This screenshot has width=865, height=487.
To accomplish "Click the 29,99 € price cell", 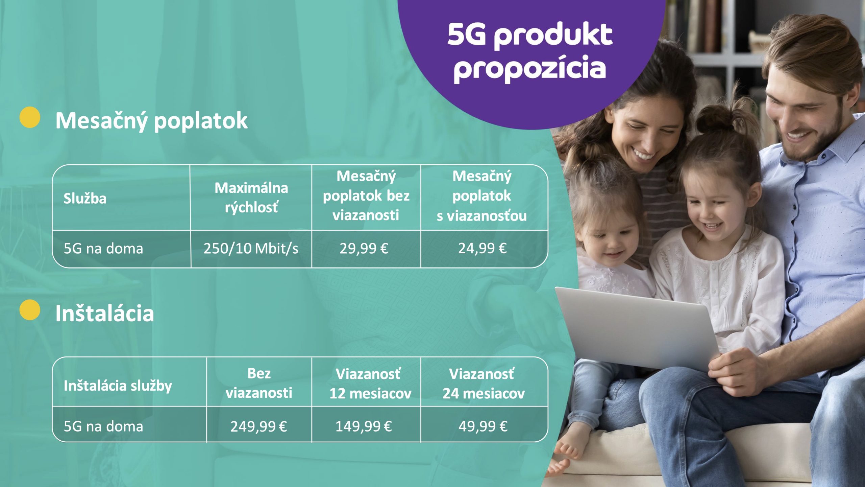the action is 364,249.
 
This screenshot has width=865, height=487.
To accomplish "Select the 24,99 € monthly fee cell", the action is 483,249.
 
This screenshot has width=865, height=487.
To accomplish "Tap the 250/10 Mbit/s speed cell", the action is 251,249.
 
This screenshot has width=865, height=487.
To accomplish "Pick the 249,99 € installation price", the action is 259,426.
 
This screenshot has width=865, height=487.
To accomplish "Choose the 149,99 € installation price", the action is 364,426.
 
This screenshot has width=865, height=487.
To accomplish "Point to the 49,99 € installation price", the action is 483,426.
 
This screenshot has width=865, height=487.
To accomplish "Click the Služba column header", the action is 85,198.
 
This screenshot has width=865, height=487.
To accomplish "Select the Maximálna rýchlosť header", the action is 251,198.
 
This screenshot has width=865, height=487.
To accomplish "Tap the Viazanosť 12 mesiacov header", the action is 370,384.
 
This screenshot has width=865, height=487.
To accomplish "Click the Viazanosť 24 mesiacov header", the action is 484,384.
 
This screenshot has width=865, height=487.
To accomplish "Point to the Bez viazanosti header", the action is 259,383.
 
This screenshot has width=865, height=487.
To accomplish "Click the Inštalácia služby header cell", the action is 118,386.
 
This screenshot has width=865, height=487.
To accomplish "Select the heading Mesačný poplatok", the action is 151,121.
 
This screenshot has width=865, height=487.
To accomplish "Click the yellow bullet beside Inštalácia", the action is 30,310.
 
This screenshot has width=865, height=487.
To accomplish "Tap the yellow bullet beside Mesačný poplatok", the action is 30,117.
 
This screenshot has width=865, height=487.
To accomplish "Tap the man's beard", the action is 818,142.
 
